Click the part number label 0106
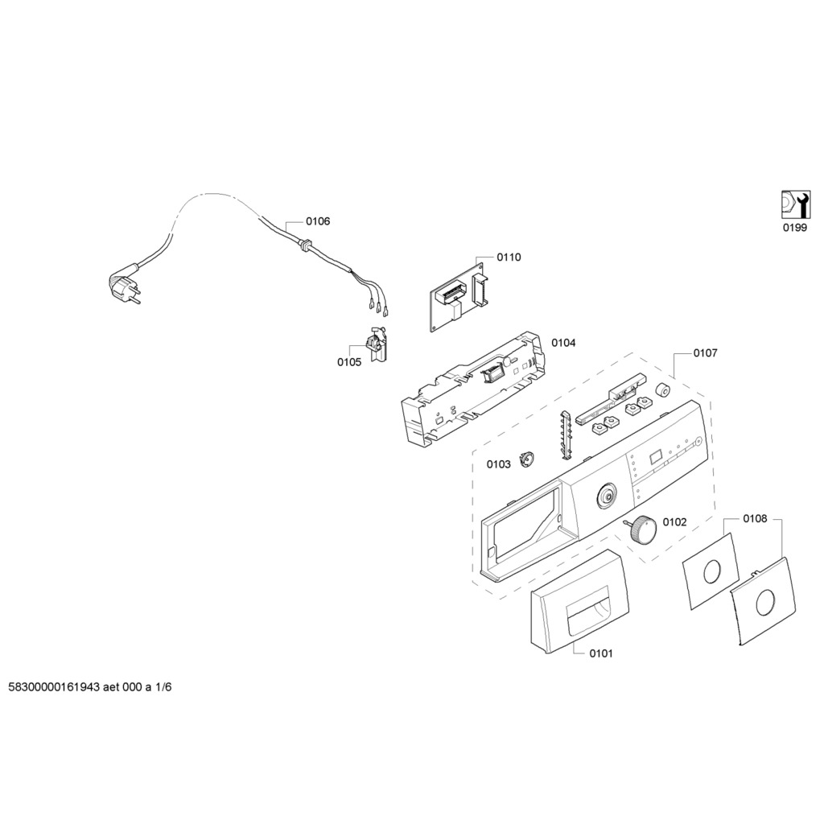click(318, 221)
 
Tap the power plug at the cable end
click(125, 287)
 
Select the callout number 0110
click(509, 257)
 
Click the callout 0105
click(349, 362)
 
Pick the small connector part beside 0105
click(377, 344)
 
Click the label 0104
click(563, 343)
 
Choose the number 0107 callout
click(705, 353)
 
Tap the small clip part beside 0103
click(527, 459)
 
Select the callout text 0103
click(498, 464)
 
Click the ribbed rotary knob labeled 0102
click(640, 530)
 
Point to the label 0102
click(675, 521)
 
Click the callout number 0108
click(755, 519)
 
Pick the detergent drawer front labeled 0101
click(579, 602)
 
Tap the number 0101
click(600, 653)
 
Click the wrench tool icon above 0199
click(794, 204)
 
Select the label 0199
click(794, 228)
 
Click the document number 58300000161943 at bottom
click(54, 687)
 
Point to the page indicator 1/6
click(163, 687)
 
